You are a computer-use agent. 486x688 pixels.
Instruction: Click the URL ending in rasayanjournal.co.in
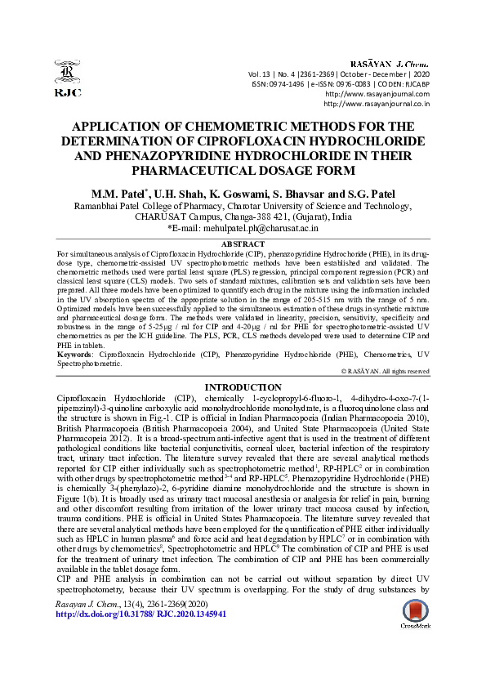pos(377,104)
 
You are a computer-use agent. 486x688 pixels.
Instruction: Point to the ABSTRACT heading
pos(243,244)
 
